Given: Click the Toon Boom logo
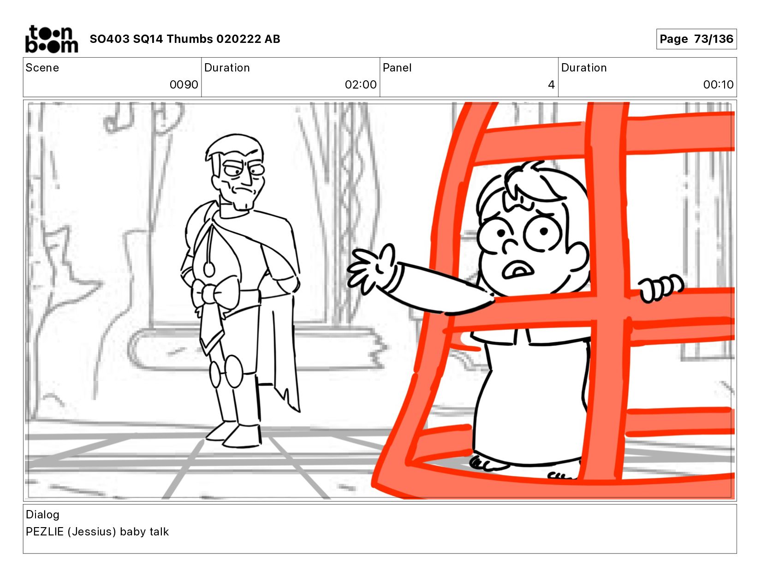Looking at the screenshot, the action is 52,39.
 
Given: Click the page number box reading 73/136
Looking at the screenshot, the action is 696,39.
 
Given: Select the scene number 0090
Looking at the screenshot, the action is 184,84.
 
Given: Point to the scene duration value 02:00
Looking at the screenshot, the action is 360,84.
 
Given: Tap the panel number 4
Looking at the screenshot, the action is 551,84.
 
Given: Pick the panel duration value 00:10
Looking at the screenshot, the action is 718,84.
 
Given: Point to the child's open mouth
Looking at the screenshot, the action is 517,270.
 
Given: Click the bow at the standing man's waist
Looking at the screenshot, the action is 215,293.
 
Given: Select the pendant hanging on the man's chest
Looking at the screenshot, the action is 209,269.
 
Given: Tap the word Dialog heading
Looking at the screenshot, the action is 43,515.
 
